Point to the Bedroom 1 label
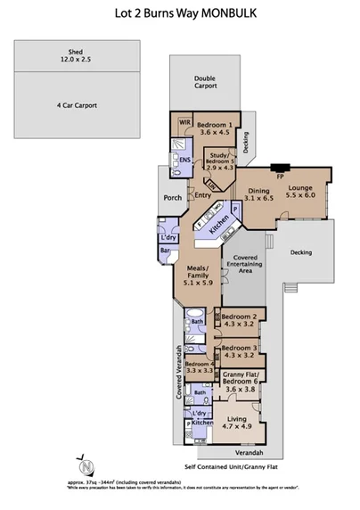coord(215,127)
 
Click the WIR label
coord(185,121)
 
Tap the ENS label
coord(184,160)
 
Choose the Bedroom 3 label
coord(239,350)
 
